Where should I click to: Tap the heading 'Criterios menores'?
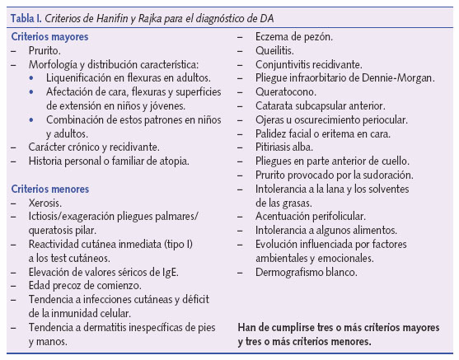[x=50, y=189]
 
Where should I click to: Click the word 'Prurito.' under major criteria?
[x=44, y=51]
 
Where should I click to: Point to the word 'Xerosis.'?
[x=46, y=202]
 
